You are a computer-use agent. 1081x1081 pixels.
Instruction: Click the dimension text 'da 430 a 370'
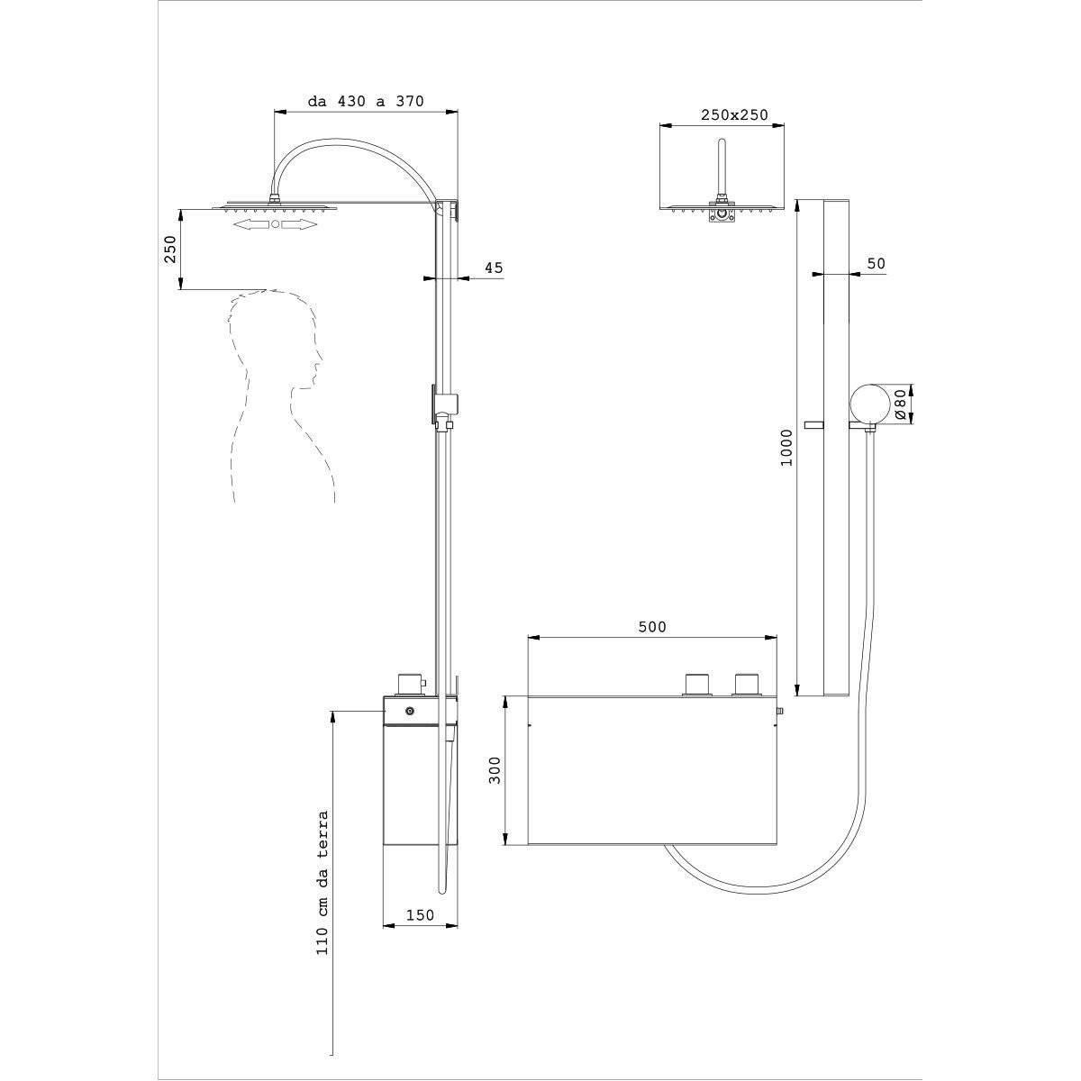[366, 101]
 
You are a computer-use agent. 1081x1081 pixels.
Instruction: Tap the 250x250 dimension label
[734, 115]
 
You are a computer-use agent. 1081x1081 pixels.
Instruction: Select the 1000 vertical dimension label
[787, 447]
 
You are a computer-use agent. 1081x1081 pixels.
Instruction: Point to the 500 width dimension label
[652, 627]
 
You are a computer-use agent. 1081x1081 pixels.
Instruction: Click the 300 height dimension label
[495, 770]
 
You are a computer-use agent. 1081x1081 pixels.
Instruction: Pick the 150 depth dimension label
[420, 915]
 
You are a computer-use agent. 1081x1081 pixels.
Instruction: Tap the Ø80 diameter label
[899, 404]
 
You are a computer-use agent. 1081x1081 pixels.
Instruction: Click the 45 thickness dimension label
[494, 268]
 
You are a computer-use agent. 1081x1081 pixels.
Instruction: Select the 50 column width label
[877, 264]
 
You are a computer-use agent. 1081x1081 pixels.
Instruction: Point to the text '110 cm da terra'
[322, 883]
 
